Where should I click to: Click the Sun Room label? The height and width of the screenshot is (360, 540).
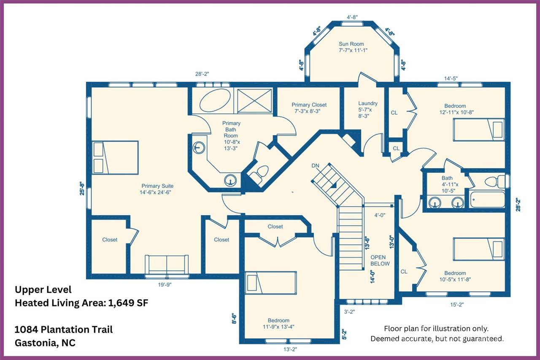pyautogui.click(x=351, y=44)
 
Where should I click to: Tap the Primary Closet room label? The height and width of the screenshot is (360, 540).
pyautogui.click(x=309, y=105)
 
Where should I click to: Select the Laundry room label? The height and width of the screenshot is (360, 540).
pyautogui.click(x=368, y=103)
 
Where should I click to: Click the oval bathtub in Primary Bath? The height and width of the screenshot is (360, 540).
pyautogui.click(x=215, y=100)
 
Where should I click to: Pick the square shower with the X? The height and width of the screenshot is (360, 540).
pyautogui.click(x=254, y=100)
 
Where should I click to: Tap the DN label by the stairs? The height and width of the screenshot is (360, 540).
pyautogui.click(x=315, y=166)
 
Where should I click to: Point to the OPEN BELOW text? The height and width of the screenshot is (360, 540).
pyautogui.click(x=380, y=260)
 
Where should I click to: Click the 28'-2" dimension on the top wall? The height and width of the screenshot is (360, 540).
pyautogui.click(x=202, y=74)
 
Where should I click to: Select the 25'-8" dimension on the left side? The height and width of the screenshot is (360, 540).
pyautogui.click(x=82, y=188)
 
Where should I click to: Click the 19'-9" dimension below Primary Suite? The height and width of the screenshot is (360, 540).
pyautogui.click(x=165, y=285)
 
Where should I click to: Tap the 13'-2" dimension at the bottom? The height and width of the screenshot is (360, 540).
pyautogui.click(x=290, y=349)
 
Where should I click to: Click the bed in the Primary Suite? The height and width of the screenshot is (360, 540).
pyautogui.click(x=115, y=157)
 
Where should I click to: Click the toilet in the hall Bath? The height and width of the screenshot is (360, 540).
pyautogui.click(x=495, y=181)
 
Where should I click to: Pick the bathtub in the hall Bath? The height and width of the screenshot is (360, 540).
pyautogui.click(x=487, y=199)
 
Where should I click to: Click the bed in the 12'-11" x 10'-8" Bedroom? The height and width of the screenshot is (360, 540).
pyautogui.click(x=479, y=130)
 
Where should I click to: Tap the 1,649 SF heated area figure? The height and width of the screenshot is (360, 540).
pyautogui.click(x=128, y=303)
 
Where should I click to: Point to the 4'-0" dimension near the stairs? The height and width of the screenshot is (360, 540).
pyautogui.click(x=380, y=215)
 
